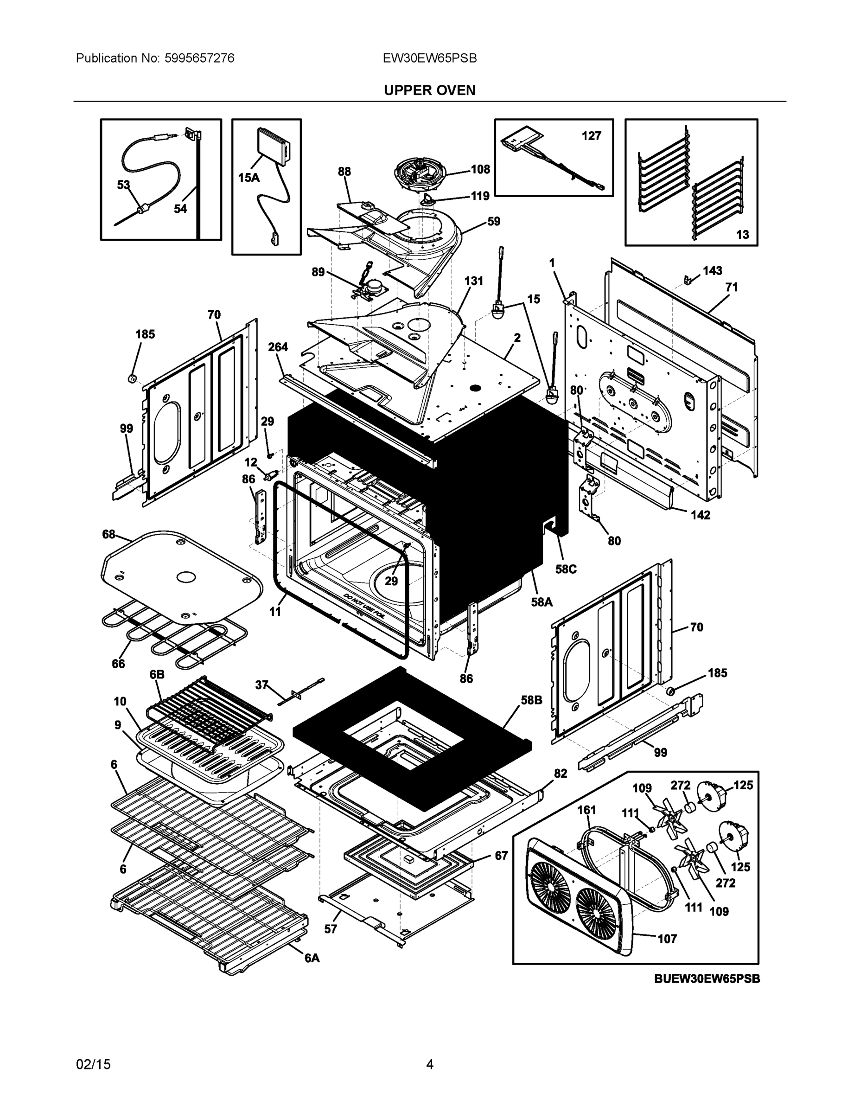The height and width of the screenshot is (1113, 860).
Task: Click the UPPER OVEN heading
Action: click(x=429, y=90)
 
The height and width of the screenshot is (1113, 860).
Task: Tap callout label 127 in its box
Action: click(x=591, y=135)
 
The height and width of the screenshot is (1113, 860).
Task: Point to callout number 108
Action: click(x=480, y=169)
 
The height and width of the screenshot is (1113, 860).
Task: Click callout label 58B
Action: click(x=531, y=700)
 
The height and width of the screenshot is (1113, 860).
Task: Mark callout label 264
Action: click(x=278, y=347)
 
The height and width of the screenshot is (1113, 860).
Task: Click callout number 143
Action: click(x=712, y=271)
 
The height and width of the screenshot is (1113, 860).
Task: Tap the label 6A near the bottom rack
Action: click(x=312, y=958)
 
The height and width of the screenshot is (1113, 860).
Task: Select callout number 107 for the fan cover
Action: click(x=667, y=938)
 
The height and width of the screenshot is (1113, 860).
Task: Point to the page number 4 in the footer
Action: click(x=429, y=1064)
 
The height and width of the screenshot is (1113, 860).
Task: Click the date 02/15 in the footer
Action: click(x=93, y=1064)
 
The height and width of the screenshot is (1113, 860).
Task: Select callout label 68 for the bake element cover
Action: click(x=108, y=534)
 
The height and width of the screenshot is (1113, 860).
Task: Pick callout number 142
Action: click(x=700, y=515)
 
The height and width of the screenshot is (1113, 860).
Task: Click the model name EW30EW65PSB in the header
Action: click(x=429, y=58)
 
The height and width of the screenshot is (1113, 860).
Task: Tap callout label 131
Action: click(x=473, y=281)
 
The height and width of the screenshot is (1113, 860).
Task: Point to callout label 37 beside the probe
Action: click(x=261, y=685)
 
